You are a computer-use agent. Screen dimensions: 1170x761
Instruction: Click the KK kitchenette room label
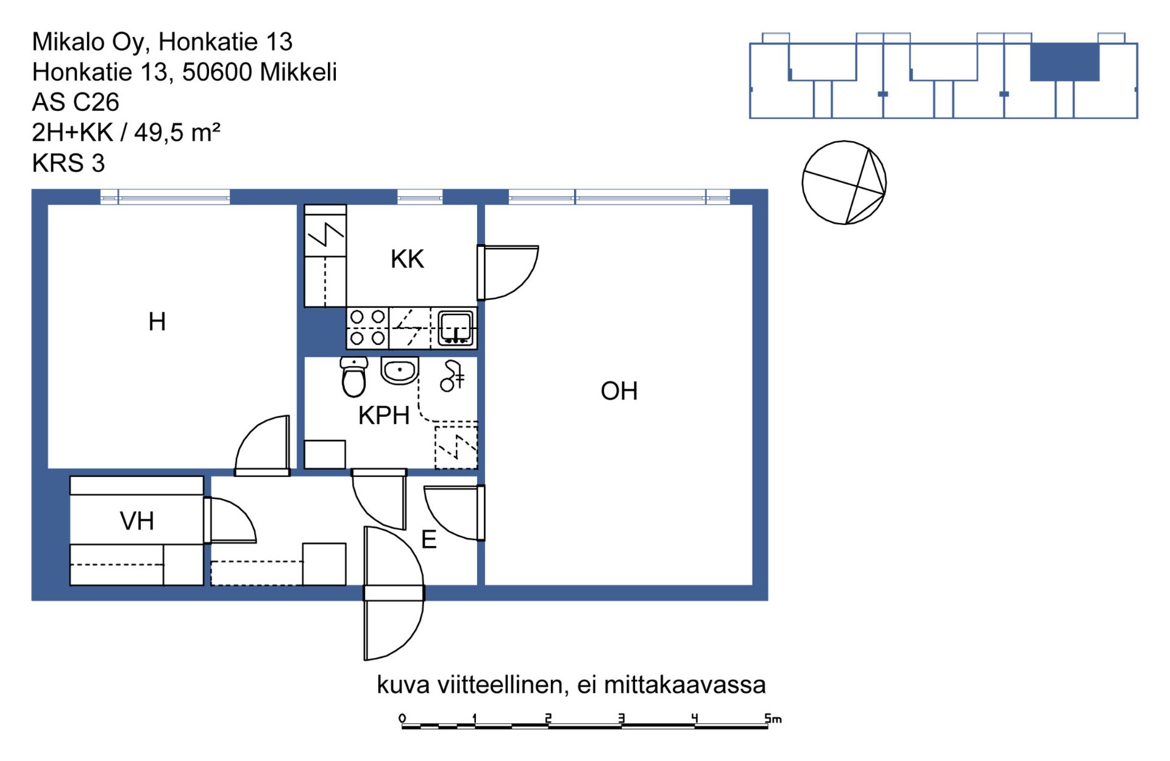(x=407, y=259)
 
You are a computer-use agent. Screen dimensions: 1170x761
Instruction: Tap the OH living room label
(x=619, y=391)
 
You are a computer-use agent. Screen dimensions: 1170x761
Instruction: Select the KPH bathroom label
(x=384, y=416)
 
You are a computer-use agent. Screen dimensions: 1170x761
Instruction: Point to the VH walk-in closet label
(x=137, y=521)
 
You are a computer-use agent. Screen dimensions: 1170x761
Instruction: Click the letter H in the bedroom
(x=157, y=322)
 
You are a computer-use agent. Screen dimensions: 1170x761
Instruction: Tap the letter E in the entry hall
(x=429, y=540)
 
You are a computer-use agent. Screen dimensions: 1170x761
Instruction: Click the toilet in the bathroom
(x=354, y=377)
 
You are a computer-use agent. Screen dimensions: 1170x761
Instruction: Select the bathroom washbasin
(x=400, y=370)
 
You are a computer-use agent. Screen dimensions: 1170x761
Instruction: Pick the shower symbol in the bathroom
(x=452, y=376)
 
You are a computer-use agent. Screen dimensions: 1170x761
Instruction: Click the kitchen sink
(x=456, y=328)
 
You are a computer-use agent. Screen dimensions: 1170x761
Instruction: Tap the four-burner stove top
(x=367, y=328)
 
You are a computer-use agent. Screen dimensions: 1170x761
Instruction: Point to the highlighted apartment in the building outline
(x=1065, y=62)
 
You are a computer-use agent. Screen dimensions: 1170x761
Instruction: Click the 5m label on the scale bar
(x=773, y=718)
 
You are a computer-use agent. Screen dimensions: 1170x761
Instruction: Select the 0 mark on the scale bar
(x=402, y=718)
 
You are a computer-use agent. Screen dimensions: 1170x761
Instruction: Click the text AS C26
(x=76, y=102)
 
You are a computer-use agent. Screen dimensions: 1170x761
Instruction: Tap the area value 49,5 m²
(x=177, y=132)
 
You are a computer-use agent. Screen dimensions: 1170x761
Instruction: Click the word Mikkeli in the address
(x=298, y=72)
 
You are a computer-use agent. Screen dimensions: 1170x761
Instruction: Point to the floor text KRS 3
(x=68, y=163)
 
